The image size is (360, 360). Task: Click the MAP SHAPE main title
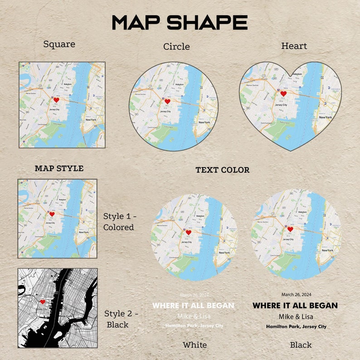click(180, 22)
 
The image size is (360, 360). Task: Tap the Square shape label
click(59, 44)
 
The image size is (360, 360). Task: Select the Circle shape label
click(176, 46)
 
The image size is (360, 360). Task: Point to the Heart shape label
click(294, 46)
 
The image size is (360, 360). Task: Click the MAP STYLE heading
click(59, 168)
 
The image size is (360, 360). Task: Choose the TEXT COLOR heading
click(222, 170)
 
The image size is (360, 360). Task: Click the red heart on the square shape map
click(56, 99)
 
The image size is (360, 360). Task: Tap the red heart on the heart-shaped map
click(283, 94)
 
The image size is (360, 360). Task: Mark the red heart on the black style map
click(42, 302)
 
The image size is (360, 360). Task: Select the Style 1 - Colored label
click(119, 221)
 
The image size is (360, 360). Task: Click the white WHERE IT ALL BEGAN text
click(193, 306)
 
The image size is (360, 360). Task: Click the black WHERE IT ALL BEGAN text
click(295, 306)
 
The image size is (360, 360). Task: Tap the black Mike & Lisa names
click(296, 316)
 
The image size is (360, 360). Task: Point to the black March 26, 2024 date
click(296, 295)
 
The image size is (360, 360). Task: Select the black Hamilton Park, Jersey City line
click(296, 326)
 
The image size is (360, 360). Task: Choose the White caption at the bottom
click(195, 345)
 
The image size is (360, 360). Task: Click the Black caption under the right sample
click(301, 345)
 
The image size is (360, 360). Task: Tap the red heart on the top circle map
click(167, 102)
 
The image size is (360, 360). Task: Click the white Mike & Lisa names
click(194, 316)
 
